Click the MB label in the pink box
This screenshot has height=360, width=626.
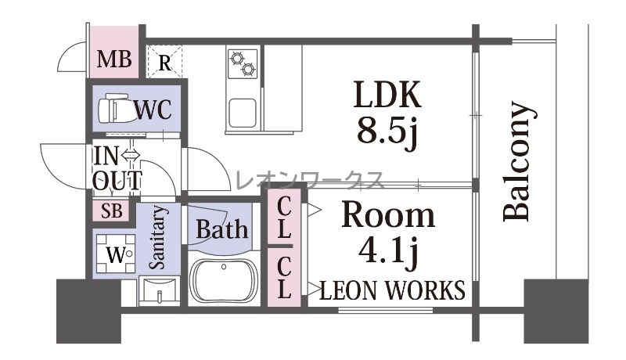click(114, 59)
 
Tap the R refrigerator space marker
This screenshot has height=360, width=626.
click(164, 62)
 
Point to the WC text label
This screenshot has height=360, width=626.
click(153, 109)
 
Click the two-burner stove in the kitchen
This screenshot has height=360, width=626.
click(243, 64)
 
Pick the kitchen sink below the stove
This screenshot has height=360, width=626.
click(243, 113)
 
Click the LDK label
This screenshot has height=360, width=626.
click(387, 95)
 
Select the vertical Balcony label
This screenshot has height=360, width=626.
click(518, 162)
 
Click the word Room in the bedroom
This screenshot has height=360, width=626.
click(388, 215)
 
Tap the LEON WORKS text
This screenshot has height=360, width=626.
click(393, 290)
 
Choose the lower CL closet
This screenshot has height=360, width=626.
click(284, 277)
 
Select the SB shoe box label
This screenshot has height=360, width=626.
click(111, 211)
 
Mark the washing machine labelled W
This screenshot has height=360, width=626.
click(116, 254)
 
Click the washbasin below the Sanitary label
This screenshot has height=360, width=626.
click(160, 291)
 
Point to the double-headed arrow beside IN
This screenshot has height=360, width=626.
click(131, 155)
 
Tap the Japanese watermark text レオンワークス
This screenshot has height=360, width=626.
click(310, 181)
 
